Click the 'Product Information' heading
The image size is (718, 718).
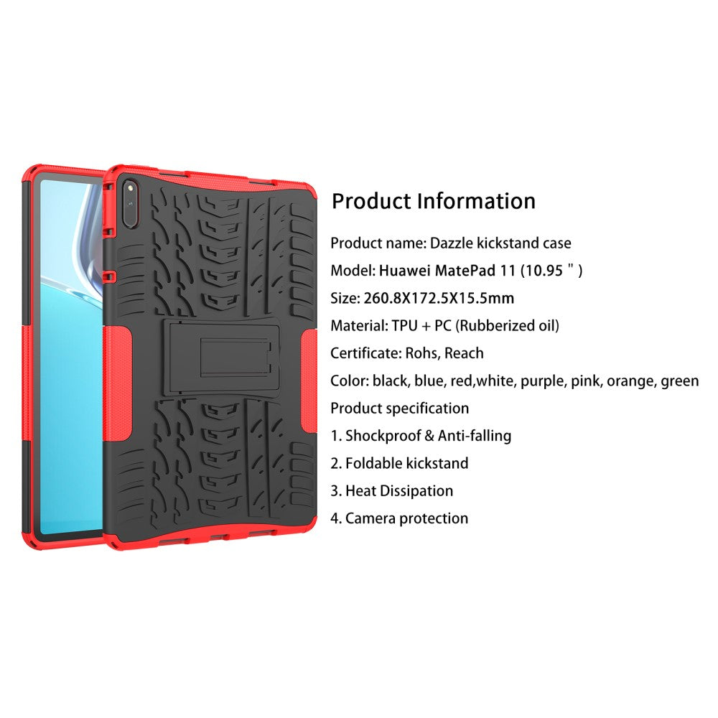(x=434, y=202)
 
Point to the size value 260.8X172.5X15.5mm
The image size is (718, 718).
(x=439, y=299)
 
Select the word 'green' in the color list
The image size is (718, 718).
(x=679, y=381)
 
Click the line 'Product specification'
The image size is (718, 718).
(x=400, y=409)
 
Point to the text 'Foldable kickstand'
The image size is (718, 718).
(x=406, y=463)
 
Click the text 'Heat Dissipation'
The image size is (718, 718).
(x=399, y=491)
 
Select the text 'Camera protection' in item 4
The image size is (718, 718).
(x=406, y=518)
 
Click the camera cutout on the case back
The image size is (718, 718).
(x=131, y=203)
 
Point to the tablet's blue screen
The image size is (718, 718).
(x=71, y=356)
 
